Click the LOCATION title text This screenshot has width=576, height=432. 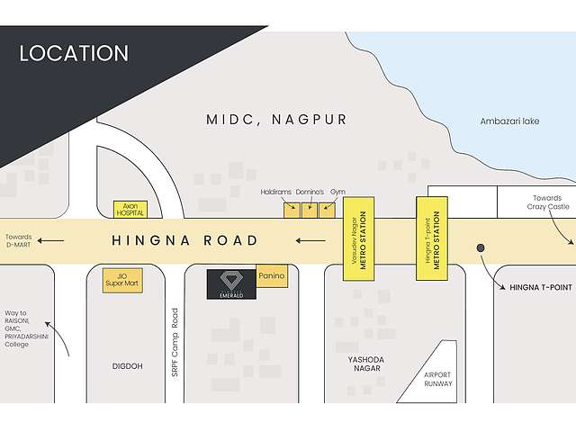pos(74,53)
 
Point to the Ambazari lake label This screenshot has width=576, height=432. pos(509,121)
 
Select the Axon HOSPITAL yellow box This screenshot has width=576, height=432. pos(129,209)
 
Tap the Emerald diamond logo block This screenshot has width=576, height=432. pos(231,284)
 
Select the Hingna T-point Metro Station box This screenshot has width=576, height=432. pos(431,238)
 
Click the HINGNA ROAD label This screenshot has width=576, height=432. pos(184,240)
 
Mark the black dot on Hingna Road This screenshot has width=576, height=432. pos(481,247)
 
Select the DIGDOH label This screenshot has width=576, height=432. pos(127,366)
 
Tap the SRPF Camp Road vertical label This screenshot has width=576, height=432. pos(176,343)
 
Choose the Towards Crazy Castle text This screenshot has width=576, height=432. pos(549,202)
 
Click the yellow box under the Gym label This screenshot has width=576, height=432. pos(328,211)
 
